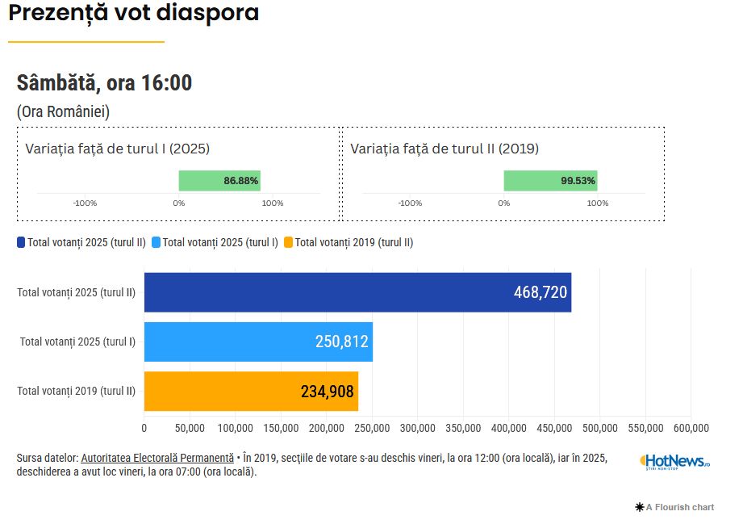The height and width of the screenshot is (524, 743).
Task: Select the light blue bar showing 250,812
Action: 258,342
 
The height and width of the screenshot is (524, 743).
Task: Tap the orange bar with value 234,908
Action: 251,392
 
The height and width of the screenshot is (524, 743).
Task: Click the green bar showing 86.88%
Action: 219,181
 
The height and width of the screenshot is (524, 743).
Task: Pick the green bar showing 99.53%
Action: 550,181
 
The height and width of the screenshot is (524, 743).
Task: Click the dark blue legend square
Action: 21,241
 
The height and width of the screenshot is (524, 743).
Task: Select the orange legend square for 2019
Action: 289,241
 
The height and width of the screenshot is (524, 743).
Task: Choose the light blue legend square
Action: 157,241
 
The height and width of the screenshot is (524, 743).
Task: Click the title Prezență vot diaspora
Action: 134,14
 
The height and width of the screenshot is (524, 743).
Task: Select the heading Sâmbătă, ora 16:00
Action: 104,82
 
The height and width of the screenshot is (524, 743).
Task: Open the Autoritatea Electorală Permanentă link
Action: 157,458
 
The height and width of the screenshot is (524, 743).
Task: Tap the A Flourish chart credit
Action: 675,507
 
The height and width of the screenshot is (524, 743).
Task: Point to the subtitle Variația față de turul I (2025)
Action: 118,149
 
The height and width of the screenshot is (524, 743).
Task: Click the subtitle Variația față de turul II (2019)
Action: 445,149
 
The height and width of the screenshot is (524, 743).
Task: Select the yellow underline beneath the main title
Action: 86,41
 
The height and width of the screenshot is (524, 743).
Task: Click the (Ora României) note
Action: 63,111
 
